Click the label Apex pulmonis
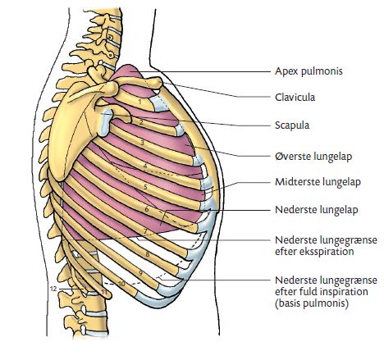[x=309, y=71]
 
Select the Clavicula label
[x=295, y=98]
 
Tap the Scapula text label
[x=292, y=125]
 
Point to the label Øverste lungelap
[x=313, y=157]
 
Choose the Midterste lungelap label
[x=318, y=182]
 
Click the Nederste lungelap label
[x=317, y=210]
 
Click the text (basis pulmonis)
[x=312, y=303]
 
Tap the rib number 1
[x=139, y=103]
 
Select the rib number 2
[x=141, y=122]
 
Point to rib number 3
[x=142, y=143]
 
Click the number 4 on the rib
[x=145, y=166]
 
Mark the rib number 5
[x=145, y=187]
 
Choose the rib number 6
[x=147, y=209]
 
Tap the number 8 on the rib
[x=148, y=254]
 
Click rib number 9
[x=140, y=272]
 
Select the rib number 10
[x=121, y=284]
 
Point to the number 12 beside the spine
[x=53, y=289]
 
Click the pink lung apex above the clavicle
[x=129, y=71]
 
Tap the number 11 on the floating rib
[x=104, y=292]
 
